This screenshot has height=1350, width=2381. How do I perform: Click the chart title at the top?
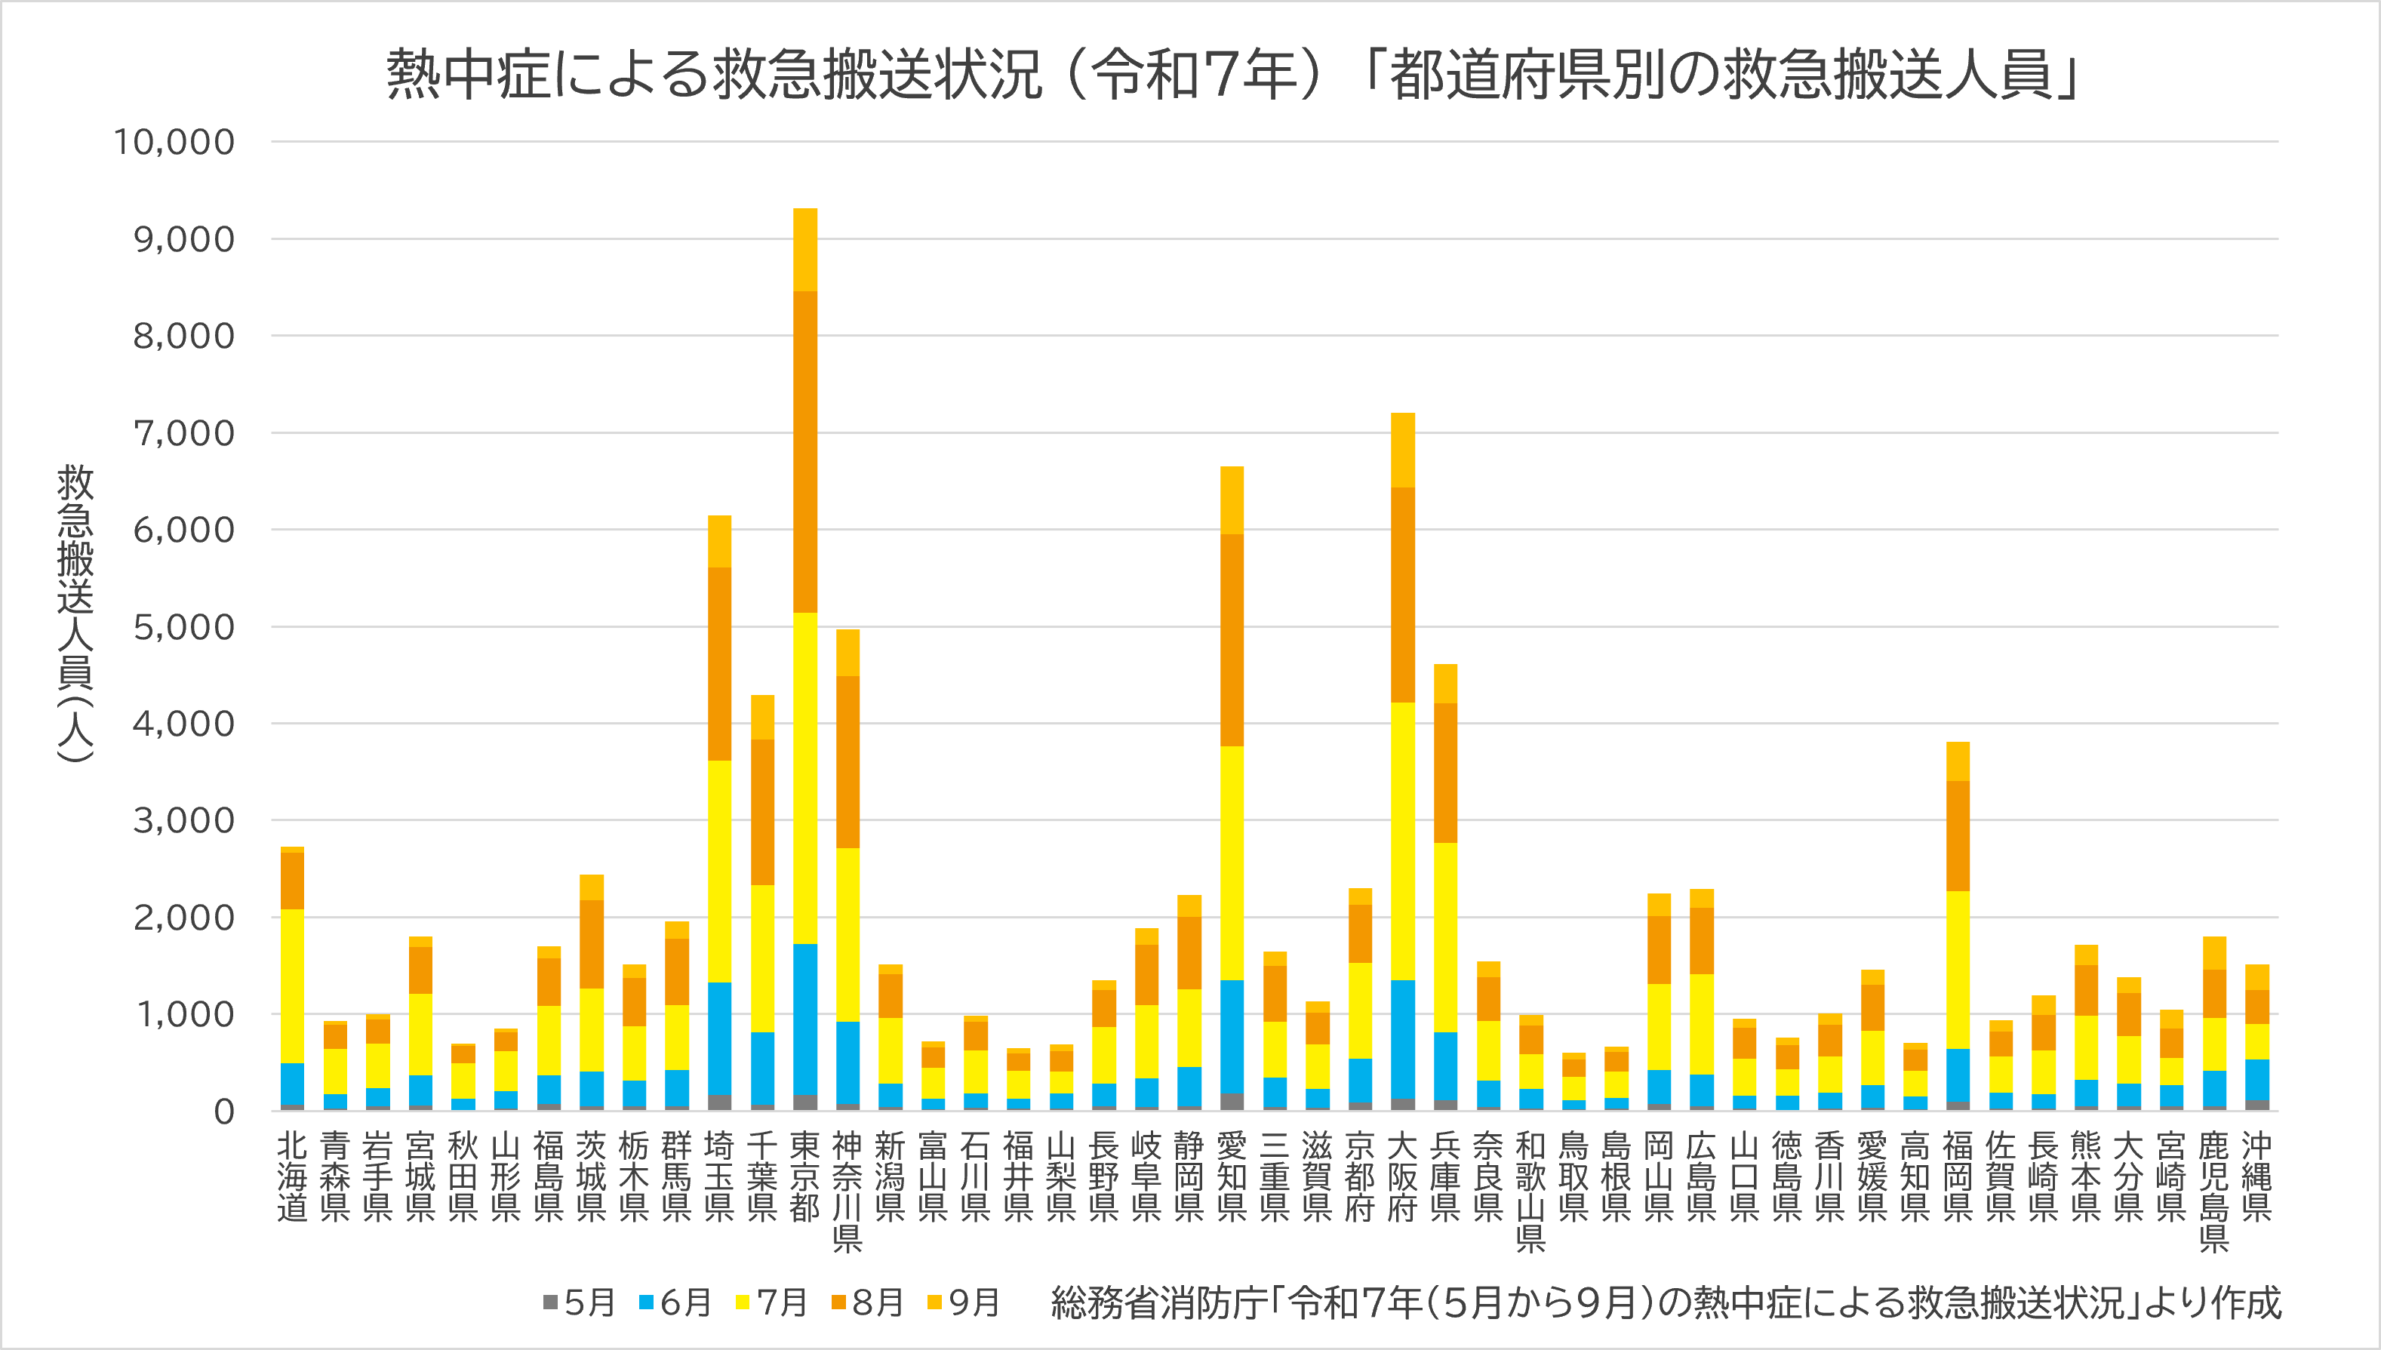[x=1233, y=74]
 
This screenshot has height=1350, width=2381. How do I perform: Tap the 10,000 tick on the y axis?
[x=174, y=143]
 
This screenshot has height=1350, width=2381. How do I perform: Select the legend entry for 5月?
[x=579, y=1302]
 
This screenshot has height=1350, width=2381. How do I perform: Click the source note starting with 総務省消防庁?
[x=1664, y=1302]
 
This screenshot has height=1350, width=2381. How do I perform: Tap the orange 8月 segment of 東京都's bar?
[x=804, y=451]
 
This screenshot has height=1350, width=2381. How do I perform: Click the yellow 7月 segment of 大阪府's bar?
[x=1403, y=840]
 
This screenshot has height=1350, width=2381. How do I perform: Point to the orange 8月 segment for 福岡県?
[x=1958, y=835]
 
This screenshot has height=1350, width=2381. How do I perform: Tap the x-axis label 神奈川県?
[x=848, y=1192]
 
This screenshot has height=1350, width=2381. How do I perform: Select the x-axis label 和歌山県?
[x=1530, y=1192]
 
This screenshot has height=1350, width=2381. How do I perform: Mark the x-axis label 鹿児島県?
[x=2214, y=1192]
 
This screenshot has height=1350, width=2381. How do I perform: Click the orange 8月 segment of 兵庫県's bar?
[x=1445, y=773]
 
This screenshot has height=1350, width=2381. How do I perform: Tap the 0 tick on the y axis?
[x=223, y=1112]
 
